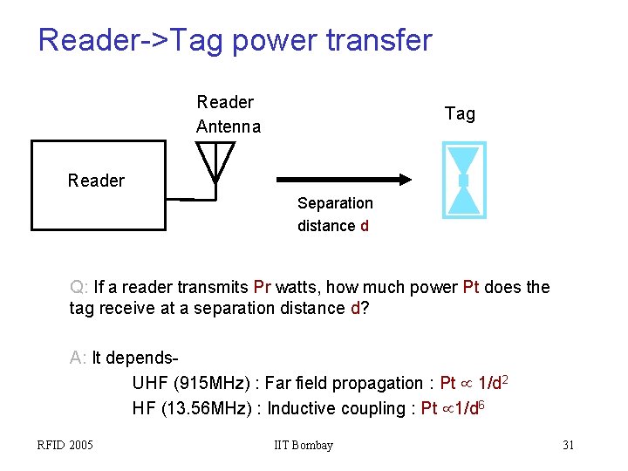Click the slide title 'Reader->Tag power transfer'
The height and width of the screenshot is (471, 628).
point(235,40)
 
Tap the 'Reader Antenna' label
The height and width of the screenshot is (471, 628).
point(228,114)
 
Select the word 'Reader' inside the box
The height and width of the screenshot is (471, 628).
point(96,181)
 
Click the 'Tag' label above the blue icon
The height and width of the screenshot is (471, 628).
point(460,113)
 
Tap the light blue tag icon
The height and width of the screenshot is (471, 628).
point(463,180)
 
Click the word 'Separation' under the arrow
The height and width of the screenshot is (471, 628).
point(335,203)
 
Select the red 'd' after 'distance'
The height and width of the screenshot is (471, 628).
point(365,226)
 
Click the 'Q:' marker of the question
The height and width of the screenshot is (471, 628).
point(79,287)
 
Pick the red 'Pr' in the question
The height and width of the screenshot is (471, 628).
point(263,287)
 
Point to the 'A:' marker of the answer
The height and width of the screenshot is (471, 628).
point(78,358)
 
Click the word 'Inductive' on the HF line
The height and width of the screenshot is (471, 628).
point(301,408)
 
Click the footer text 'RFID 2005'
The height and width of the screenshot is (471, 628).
point(65,446)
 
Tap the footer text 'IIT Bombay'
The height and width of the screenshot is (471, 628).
point(303,446)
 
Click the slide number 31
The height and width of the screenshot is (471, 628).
point(568,446)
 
